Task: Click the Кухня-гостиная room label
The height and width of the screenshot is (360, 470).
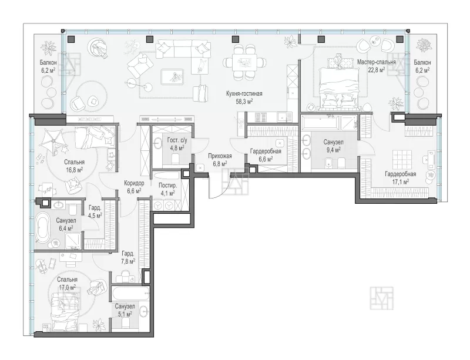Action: coord(244,93)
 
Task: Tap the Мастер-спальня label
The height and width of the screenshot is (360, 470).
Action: coord(376,62)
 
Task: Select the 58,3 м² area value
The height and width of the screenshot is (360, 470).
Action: coord(244,102)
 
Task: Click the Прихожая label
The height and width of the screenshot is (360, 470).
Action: coord(220,156)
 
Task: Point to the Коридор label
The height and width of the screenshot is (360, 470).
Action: coord(135,183)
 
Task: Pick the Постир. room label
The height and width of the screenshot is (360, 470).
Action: coord(168,186)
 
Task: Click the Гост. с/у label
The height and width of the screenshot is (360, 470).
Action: coord(177,140)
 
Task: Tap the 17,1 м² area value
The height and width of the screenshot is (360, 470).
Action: coord(401,181)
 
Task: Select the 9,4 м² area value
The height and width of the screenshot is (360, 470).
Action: coord(333,150)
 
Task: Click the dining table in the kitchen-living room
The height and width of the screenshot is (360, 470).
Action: coord(245,62)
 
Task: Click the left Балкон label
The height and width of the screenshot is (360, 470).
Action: coord(48,63)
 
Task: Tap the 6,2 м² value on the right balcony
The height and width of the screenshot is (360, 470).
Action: coord(422,70)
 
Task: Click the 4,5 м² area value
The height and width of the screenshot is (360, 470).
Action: coord(95,215)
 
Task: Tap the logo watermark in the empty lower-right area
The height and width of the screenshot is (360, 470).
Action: coord(381,298)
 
